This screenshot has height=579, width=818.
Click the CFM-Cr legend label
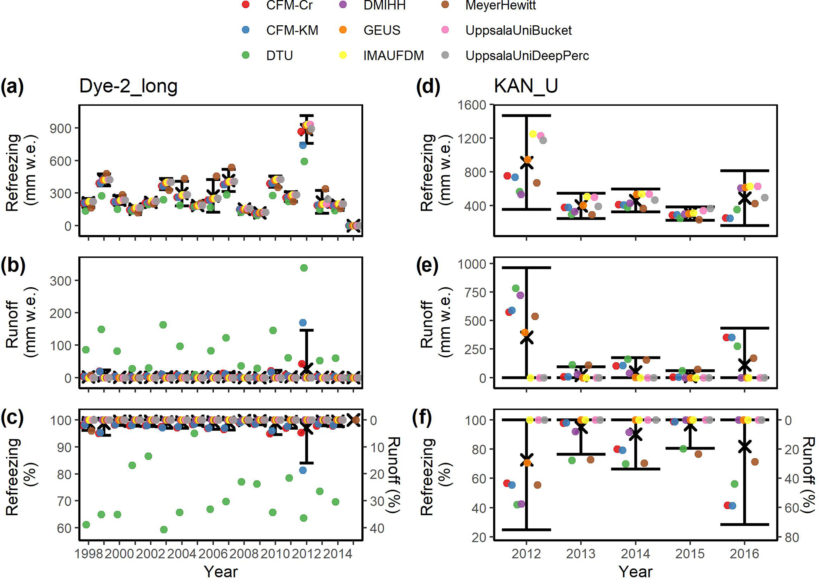pos(289,5)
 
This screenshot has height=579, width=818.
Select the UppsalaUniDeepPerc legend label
pos(527,55)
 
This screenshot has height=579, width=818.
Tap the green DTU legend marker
pos(245,55)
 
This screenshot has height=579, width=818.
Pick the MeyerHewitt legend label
pos(501,5)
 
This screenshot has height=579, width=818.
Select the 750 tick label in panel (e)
pos(476,292)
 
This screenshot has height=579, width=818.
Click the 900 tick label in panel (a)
pos(61,128)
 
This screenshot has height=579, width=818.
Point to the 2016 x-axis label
pos(744,554)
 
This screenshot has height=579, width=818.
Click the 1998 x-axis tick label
pos(89,554)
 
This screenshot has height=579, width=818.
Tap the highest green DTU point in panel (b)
pos(304,268)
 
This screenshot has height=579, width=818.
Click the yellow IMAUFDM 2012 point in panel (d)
pos(533,134)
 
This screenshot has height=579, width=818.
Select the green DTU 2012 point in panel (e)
pos(515,288)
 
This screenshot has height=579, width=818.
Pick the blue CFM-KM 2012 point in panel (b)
pos(303,323)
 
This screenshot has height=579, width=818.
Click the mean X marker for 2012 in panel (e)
pos(526,338)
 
